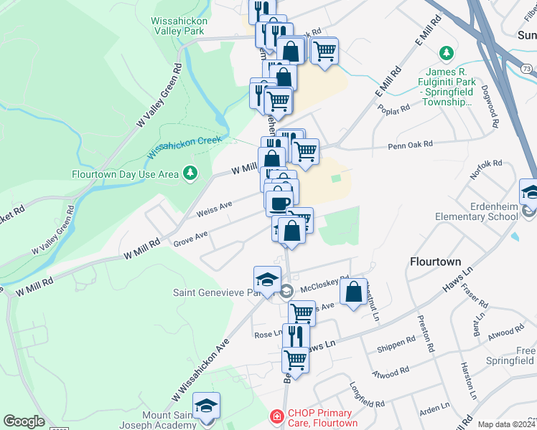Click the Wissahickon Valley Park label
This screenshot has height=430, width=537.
coord(179,27)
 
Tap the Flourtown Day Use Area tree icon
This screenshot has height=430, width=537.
coord(190,173)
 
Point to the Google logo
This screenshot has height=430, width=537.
coord(24,421)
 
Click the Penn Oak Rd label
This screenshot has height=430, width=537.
coord(410,145)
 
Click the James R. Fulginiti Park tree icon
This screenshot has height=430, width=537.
coord(447,53)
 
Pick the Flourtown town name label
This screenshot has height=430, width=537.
coord(434,262)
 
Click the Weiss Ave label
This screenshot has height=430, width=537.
coord(213,209)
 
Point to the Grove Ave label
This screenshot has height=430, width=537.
coord(190,238)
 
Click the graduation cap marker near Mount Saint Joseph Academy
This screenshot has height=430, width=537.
coord(206,406)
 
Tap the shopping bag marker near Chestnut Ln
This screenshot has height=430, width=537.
coord(354,292)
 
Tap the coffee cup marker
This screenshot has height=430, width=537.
coord(279,203)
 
